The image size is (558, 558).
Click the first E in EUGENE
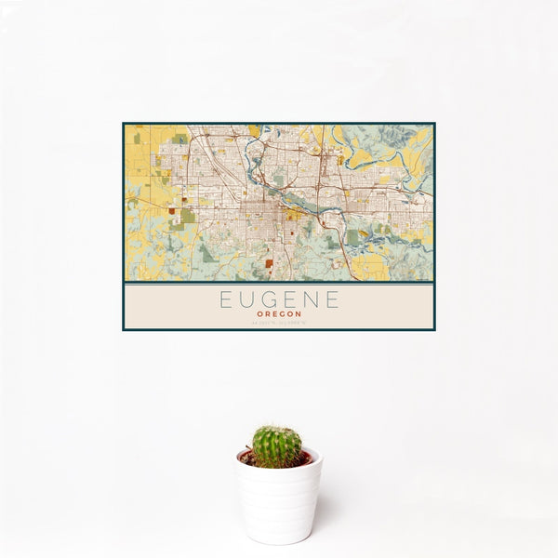click(225, 300)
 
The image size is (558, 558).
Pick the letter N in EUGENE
click(312, 300)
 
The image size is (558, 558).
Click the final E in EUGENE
click(333, 300)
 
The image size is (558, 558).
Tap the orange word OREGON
click(279, 314)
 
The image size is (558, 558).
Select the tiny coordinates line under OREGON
click(279, 322)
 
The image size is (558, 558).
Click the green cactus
click(277, 446)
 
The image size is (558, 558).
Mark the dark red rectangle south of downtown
click(270, 263)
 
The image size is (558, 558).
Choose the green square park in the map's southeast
click(353, 237)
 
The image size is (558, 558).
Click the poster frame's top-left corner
click(124, 124)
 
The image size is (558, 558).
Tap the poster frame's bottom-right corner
click(434, 330)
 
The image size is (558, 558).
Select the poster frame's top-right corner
click(434, 124)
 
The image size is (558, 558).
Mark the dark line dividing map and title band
click(279, 282)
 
